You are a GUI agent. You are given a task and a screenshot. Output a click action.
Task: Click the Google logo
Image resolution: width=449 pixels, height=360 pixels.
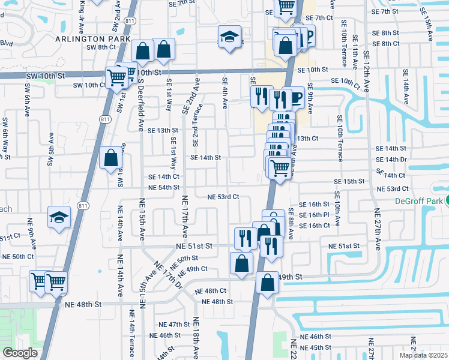pyautogui.click(x=19, y=353)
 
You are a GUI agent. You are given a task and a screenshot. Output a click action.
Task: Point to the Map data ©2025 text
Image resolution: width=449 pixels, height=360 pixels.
pyautogui.click(x=423, y=355)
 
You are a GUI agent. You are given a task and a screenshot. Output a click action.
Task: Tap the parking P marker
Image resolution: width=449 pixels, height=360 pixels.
pyautogui.click(x=308, y=37)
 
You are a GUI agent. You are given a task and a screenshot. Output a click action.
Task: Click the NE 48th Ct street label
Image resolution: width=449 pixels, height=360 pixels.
pyautogui.click(x=211, y=290)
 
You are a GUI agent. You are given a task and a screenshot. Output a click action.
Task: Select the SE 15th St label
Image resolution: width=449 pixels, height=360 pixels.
pyautogui.click(x=349, y=181)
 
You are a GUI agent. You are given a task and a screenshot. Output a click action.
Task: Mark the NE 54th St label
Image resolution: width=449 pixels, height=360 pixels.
pyautogui.click(x=164, y=188)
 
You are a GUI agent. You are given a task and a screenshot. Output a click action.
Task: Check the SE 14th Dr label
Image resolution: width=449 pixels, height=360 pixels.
pyautogui.click(x=391, y=160)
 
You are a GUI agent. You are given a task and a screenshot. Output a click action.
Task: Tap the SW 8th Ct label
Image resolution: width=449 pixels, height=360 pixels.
pyautogui.click(x=100, y=47)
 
